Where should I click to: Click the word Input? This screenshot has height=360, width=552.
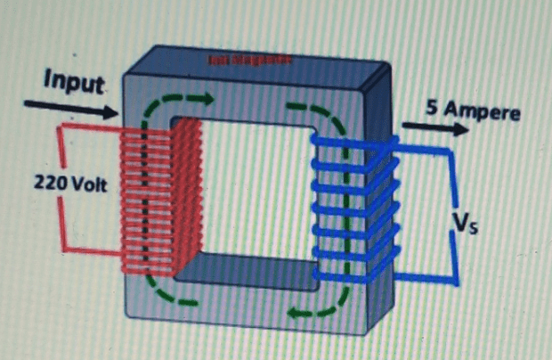[76, 82]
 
